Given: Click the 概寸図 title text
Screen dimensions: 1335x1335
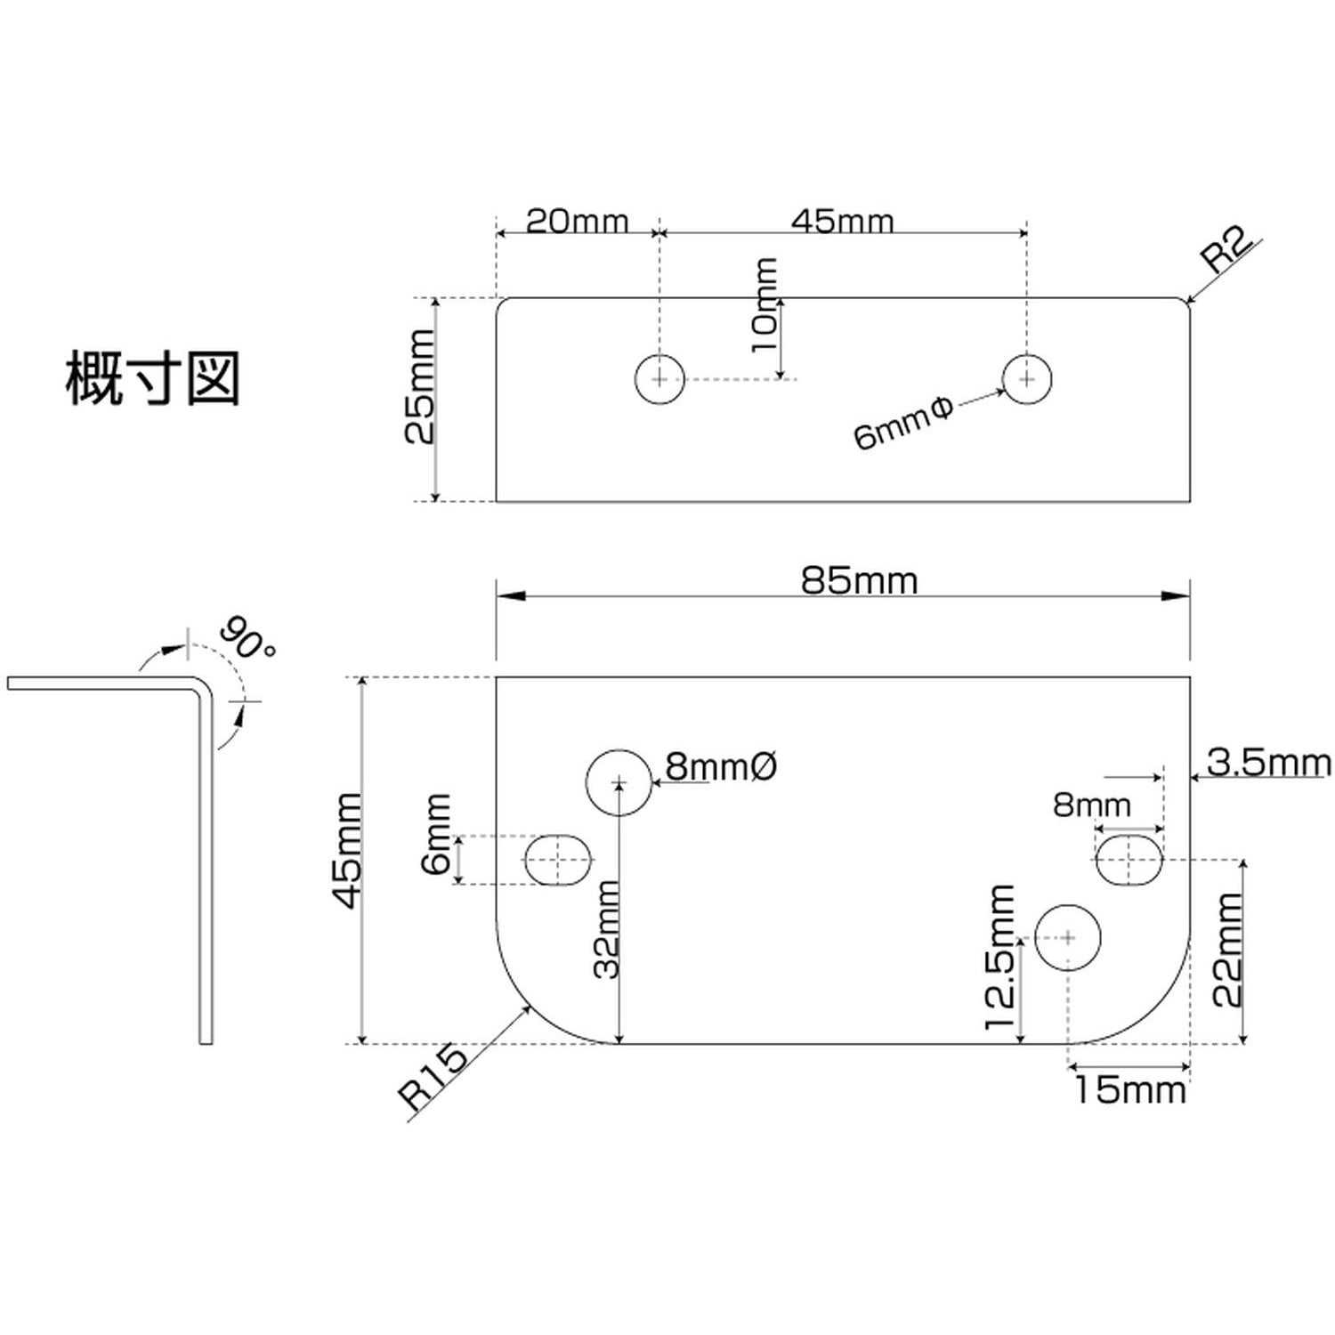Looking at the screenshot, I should pos(153,379).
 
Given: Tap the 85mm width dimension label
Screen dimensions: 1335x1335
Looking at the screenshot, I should pos(859,581).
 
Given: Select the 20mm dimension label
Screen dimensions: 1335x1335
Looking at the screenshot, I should pos(577,221).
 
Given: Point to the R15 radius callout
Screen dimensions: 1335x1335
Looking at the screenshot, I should pos(433,1076).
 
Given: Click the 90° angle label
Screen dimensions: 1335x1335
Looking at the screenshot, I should pos(247,637).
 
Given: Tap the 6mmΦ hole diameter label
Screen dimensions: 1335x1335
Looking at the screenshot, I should pos(902,424).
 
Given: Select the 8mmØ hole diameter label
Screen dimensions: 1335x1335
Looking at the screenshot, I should pos(722,766).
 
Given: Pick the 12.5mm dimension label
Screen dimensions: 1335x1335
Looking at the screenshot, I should pos(1000,958).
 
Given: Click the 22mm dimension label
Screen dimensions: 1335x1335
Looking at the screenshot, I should pos(1228,950).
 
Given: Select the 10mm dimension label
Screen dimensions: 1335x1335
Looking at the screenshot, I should pos(764,305).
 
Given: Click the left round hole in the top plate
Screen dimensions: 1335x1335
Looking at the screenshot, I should pos(659,379).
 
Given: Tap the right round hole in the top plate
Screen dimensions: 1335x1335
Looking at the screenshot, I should pos(1027,379).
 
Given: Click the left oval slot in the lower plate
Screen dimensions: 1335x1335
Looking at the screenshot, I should pos(558,860).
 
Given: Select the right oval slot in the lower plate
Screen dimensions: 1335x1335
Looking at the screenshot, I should pos(1129,861).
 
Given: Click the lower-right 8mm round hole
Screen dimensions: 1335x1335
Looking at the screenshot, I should pos(1068,937).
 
